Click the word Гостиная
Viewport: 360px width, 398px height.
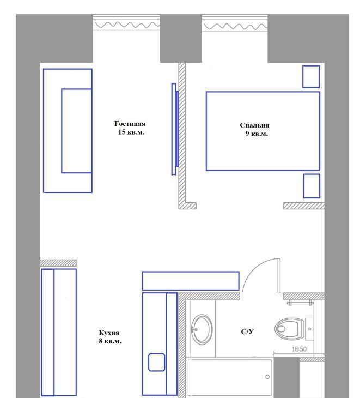130,124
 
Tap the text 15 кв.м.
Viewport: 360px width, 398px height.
131,132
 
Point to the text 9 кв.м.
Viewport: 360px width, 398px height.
257,134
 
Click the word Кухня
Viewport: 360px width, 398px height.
109,333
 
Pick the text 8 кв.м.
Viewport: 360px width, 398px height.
110,341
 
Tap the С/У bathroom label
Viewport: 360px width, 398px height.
247,331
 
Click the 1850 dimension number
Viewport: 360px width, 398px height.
299,349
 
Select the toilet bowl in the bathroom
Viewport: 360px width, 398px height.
289,329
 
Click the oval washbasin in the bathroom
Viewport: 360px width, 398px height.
202,329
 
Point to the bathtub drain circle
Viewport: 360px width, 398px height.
267,377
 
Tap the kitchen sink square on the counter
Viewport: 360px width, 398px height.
156,362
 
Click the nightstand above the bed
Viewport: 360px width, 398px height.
311,77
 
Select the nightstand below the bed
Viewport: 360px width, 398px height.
312,186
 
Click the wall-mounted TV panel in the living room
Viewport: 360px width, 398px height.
175,129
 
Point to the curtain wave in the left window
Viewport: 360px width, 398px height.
127,25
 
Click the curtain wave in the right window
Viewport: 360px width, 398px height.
236,26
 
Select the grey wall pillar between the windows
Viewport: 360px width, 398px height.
181,38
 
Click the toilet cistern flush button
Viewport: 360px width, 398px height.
309,329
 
